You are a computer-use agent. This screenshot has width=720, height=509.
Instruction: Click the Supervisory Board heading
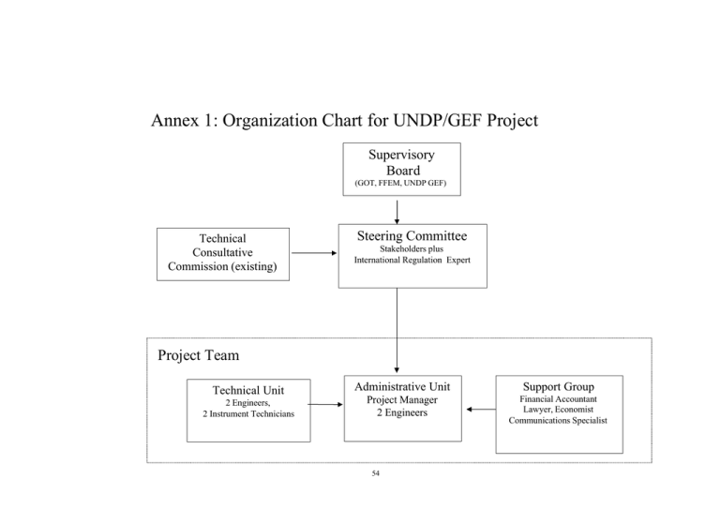click(402, 162)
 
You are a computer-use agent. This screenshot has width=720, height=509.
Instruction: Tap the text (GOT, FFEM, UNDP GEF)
click(400, 183)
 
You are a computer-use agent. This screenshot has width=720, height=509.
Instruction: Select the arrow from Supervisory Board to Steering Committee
click(397, 212)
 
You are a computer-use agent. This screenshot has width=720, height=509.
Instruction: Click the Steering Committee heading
click(412, 236)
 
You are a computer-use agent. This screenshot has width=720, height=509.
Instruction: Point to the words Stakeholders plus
click(412, 248)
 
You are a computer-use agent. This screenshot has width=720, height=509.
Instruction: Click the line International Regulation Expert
click(412, 260)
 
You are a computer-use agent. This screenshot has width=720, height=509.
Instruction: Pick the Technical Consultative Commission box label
click(223, 252)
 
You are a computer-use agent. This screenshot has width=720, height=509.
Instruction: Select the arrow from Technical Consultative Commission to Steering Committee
click(314, 253)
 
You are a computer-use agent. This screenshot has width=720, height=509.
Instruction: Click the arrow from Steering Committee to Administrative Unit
click(397, 331)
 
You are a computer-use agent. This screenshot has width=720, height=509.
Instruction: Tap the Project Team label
click(199, 355)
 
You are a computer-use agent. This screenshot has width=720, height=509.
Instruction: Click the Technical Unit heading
click(248, 390)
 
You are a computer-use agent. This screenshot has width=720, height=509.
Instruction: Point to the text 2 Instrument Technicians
click(248, 414)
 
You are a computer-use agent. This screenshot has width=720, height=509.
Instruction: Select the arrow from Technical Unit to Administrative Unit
click(325, 404)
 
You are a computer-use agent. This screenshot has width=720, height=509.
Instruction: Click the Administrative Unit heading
click(402, 386)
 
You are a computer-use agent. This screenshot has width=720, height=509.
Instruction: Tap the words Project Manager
click(402, 399)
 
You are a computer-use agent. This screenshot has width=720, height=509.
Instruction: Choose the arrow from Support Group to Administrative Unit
click(481, 409)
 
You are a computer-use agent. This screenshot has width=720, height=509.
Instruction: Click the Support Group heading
click(559, 386)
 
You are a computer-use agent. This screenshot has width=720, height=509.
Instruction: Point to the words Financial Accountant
click(559, 399)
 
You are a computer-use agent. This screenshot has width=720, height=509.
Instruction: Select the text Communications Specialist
click(558, 421)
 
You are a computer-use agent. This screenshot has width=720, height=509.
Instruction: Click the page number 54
click(376, 473)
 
